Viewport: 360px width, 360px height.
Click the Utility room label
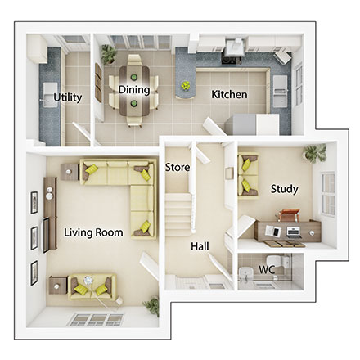67,97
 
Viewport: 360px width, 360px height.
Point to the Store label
178,167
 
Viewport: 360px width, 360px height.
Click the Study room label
284,189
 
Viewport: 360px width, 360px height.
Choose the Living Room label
93,232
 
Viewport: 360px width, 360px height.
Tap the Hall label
199,245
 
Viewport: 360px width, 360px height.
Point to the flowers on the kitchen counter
188,84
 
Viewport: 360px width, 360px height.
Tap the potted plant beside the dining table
108,53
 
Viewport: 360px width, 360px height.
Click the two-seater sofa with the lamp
92,284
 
